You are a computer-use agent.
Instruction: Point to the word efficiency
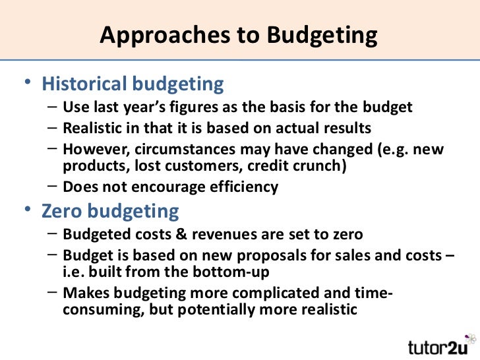pyautogui.click(x=244, y=187)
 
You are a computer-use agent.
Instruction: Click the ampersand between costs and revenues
pyautogui.click(x=173, y=234)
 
